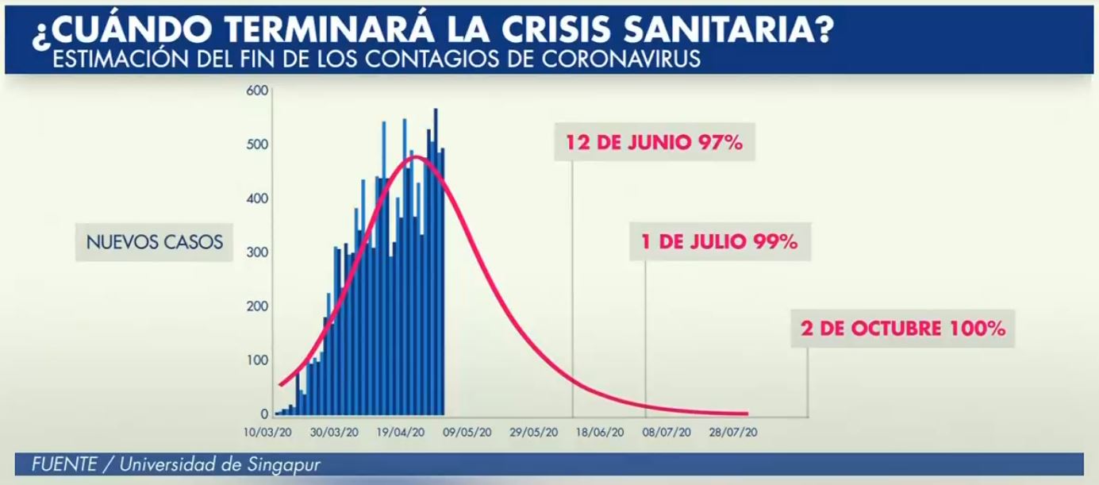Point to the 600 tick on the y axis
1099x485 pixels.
(x=258, y=90)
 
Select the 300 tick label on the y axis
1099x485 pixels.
(x=258, y=252)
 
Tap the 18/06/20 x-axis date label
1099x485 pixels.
(x=600, y=433)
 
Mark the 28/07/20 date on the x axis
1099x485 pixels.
(x=732, y=433)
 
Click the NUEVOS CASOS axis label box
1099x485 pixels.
(x=155, y=241)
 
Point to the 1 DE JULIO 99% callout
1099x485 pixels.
(x=720, y=241)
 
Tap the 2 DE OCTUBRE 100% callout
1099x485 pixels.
(x=903, y=328)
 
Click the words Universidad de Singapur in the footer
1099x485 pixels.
(x=220, y=464)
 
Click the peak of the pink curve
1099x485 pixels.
(x=415, y=157)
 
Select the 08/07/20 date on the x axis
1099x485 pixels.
(x=667, y=433)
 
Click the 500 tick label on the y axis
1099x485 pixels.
(x=258, y=144)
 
